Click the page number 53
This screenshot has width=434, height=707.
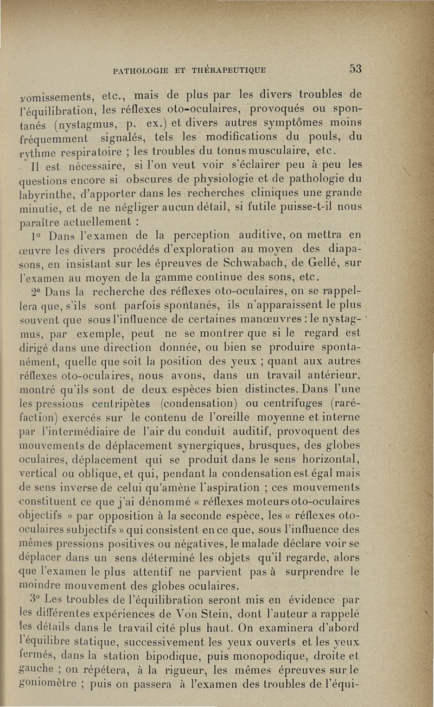coord(355,69)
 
